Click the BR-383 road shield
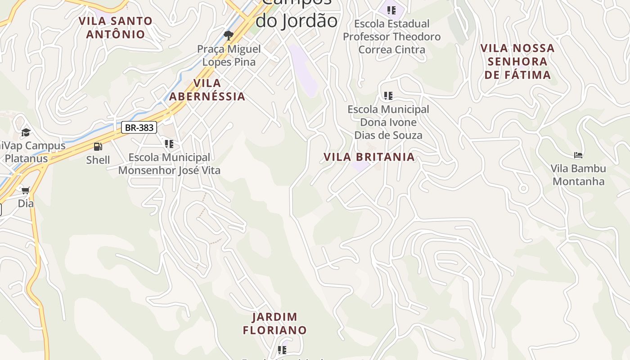pos(139,127)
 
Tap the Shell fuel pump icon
pos(98,147)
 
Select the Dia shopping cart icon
pos(26,190)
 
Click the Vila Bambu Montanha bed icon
pos(578,155)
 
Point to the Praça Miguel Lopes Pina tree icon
pos(229,35)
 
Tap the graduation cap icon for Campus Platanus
pos(26,132)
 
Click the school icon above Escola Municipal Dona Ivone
pos(388,95)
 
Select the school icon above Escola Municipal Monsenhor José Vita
pos(169,144)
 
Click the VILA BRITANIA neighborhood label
pos(369,157)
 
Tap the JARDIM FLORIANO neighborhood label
pos(274,324)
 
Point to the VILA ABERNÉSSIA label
pos(207,90)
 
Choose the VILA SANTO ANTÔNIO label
pos(116,27)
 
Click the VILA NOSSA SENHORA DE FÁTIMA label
pos(517,61)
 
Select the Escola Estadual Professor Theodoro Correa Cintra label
pos(391,36)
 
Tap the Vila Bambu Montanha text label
pos(578,175)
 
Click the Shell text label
pos(98,160)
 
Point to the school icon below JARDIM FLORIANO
pos(282,350)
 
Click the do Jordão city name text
pos(297,21)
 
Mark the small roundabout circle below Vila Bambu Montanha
pos(523,188)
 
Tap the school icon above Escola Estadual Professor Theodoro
pos(391,9)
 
